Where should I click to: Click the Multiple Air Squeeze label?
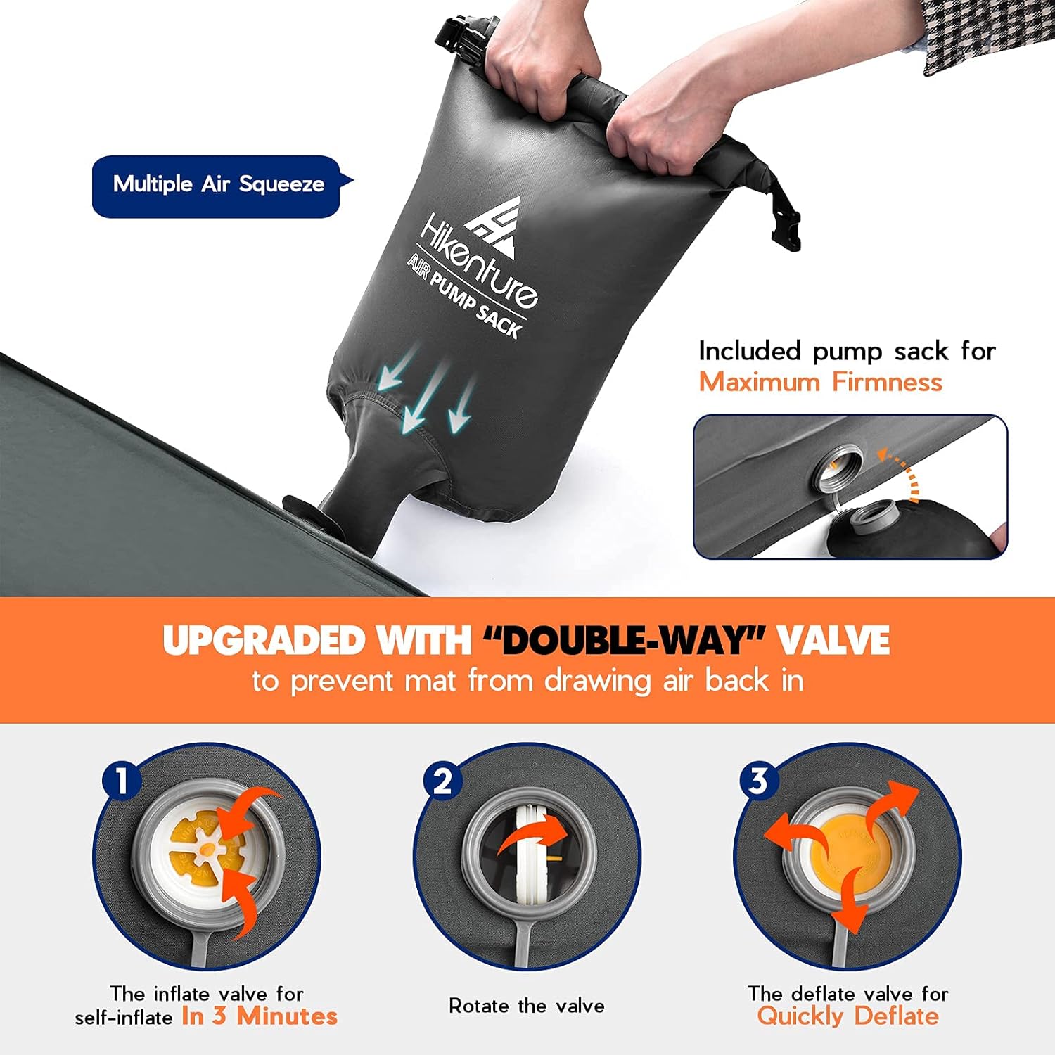[x=217, y=185]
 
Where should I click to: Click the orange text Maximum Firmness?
[x=820, y=382]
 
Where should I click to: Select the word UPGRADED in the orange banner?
[x=263, y=640]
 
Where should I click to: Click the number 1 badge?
[x=122, y=781]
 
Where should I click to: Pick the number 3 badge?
[x=758, y=781]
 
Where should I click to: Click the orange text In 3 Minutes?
[x=260, y=1016]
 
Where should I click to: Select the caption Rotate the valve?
[x=527, y=1006]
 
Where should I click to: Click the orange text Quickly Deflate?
[x=848, y=1016]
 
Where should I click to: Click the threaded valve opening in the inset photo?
[x=837, y=467]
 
